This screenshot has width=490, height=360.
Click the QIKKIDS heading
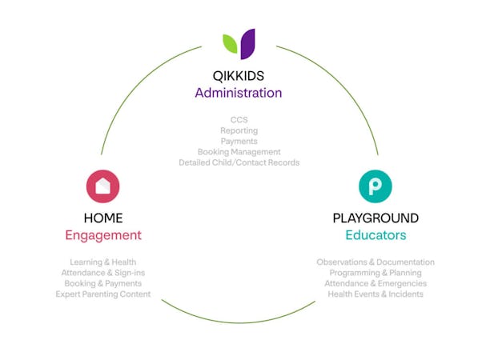239,76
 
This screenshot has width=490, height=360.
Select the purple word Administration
239,93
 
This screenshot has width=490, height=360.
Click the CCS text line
239,120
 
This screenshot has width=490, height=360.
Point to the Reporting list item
239,130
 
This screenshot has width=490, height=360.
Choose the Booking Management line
239,152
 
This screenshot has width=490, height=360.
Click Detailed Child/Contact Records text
239,162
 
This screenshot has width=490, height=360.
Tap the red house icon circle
102,186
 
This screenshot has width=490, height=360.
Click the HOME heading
102,218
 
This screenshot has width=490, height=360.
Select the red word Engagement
102,235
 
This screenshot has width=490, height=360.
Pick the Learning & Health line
102,262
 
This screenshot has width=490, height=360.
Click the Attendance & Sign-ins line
102,273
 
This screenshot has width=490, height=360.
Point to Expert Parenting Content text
102,294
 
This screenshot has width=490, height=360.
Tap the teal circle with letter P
375,186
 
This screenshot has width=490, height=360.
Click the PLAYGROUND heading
376,218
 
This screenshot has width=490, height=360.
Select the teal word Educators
376,235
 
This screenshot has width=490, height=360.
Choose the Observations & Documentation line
376,262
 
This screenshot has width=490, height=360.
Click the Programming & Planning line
376,273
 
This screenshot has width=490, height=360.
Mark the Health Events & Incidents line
376,294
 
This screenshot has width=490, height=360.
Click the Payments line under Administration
239,141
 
